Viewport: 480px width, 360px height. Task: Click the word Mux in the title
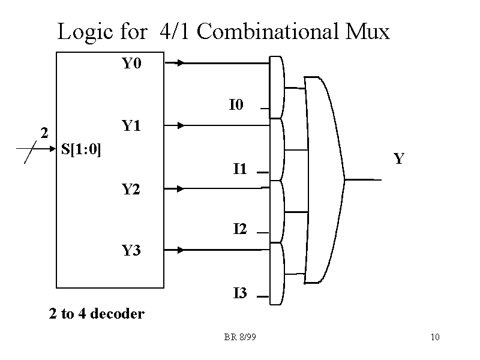coord(367,31)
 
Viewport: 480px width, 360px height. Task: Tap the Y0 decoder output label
coord(131,63)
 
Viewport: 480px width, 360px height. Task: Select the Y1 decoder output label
coord(131,126)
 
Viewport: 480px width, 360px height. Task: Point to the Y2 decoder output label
coord(131,190)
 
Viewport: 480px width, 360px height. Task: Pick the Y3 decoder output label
coord(131,250)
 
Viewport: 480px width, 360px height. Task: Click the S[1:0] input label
coord(82,149)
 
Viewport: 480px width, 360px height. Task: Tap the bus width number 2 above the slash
coord(43,133)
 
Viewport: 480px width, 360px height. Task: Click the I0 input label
coord(236,106)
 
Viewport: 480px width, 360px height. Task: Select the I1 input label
coord(239,169)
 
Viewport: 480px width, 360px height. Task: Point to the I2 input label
coord(239,229)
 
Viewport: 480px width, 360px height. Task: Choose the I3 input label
coord(239,293)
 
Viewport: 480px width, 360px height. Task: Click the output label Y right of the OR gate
coord(398,159)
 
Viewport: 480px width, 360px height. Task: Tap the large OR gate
coord(324,179)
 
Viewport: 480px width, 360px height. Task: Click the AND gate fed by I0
coord(277,88)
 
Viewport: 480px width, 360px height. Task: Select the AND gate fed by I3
coord(277,273)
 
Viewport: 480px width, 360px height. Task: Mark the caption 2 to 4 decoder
coord(97,314)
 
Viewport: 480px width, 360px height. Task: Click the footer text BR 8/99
coord(240,337)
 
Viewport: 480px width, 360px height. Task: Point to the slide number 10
coord(435,337)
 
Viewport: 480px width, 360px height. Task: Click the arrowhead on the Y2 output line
coord(182,188)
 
